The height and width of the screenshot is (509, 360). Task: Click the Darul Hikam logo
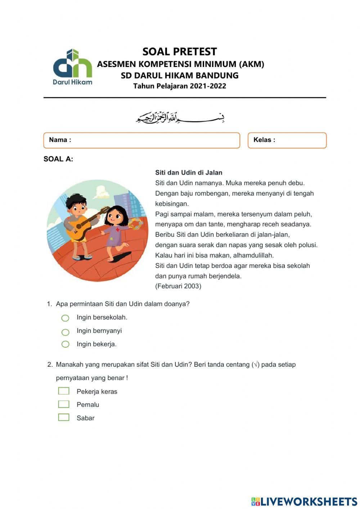pyautogui.click(x=73, y=67)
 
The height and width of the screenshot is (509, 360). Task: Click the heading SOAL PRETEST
pyautogui.click(x=180, y=52)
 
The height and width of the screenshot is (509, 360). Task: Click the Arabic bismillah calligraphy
pyautogui.click(x=180, y=117)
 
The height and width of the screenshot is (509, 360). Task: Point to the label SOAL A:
pyautogui.click(x=58, y=159)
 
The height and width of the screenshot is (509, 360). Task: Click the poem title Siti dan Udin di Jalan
pyautogui.click(x=189, y=173)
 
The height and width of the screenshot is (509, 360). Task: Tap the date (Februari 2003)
pyautogui.click(x=178, y=286)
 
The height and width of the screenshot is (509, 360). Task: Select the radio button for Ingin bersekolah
pyautogui.click(x=65, y=318)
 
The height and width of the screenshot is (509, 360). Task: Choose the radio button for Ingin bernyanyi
pyautogui.click(x=65, y=332)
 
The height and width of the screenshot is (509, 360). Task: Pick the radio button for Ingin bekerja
pyautogui.click(x=65, y=344)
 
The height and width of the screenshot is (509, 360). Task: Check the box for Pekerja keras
pyautogui.click(x=64, y=391)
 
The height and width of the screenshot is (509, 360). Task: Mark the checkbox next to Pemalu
pyautogui.click(x=64, y=404)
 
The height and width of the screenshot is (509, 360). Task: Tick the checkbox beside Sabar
pyautogui.click(x=64, y=418)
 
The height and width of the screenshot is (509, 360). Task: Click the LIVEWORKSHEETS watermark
pyautogui.click(x=304, y=501)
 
